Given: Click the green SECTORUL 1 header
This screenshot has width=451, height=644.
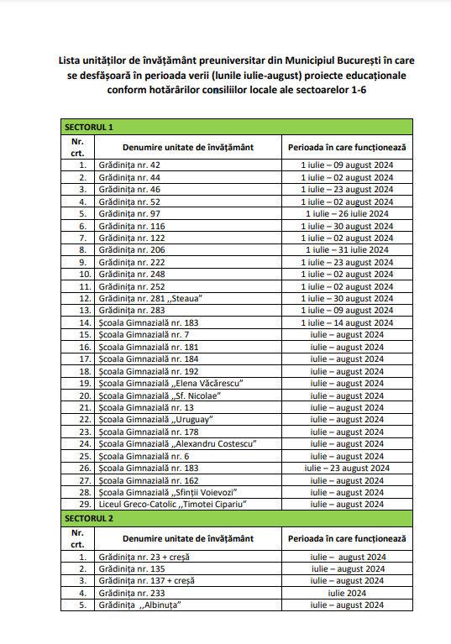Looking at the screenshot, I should coord(88,127).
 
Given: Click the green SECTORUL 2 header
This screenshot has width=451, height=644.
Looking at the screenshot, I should coord(88,518).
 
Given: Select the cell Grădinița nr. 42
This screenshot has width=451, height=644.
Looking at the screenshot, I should coord(129,165).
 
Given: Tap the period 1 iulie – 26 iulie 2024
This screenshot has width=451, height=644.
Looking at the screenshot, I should coord(347,213).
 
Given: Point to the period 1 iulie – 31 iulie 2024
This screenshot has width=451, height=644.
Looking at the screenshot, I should coord(347,249).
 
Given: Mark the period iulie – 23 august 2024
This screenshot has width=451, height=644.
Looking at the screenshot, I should coord(347,468).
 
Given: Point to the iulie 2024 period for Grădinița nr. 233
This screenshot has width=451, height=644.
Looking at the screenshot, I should coord(347,592).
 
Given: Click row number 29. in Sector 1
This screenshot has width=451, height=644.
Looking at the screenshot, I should coord(82,504).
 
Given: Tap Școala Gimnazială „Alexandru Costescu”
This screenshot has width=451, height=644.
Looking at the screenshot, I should coord(176,443).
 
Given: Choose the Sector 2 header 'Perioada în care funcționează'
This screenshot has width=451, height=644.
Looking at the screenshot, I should coord(347,537).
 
